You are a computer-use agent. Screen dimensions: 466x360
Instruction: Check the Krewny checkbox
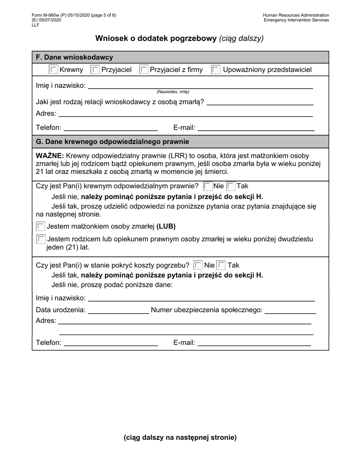54,70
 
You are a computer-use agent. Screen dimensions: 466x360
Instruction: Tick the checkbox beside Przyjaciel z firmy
144,70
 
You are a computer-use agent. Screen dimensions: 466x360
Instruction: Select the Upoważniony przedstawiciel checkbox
216,70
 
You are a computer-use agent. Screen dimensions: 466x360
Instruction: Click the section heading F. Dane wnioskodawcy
74,57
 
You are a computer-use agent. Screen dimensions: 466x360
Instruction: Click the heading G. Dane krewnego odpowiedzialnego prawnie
112,142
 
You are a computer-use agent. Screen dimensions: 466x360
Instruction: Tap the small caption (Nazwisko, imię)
173,92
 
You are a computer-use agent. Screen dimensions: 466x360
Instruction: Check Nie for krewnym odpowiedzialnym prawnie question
208,186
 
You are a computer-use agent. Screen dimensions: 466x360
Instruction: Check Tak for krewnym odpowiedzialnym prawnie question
231,186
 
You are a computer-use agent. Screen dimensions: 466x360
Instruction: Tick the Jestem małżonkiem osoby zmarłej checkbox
41,227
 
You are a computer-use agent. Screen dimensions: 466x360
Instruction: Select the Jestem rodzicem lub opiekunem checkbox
41,239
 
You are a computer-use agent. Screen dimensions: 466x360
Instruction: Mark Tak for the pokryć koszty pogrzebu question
221,265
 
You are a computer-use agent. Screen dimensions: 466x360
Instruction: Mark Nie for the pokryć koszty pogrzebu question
198,265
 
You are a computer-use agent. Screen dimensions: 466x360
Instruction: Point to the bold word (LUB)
166,227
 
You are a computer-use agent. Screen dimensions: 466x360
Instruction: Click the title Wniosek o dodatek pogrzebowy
156,38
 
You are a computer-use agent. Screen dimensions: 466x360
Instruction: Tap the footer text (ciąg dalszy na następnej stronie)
180,438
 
